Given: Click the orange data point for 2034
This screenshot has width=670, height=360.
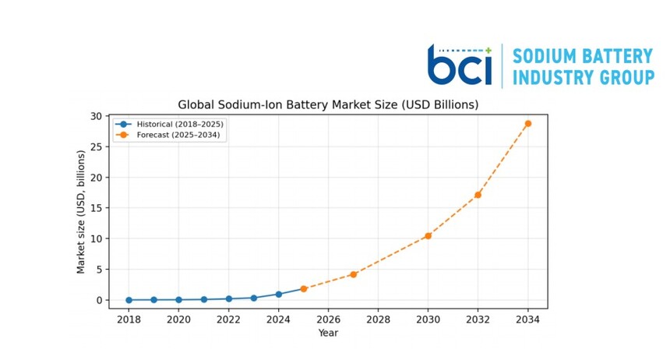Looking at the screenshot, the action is pyautogui.click(x=527, y=124).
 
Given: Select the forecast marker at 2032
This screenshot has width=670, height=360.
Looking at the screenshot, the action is pyautogui.click(x=478, y=195).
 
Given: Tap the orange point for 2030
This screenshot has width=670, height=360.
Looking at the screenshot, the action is pyautogui.click(x=428, y=236).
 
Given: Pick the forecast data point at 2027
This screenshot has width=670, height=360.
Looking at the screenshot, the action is pyautogui.click(x=354, y=274).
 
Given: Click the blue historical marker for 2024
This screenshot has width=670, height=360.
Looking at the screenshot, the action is pyautogui.click(x=279, y=295).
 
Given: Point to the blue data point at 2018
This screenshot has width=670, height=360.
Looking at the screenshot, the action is pyautogui.click(x=129, y=300).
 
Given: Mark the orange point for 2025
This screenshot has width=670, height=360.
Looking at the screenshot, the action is pyautogui.click(x=303, y=289).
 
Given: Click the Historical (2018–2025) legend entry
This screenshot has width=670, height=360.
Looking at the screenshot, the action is pyautogui.click(x=169, y=125).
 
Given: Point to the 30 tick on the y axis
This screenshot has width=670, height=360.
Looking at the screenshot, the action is pyautogui.click(x=96, y=116).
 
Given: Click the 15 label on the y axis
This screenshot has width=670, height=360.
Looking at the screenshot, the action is pyautogui.click(x=97, y=208).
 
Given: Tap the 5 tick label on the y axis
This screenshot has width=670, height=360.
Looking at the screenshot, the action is pyautogui.click(x=100, y=270).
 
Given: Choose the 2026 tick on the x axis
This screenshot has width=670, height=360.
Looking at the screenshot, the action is pyautogui.click(x=328, y=319).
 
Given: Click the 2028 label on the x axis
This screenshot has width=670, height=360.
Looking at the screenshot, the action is pyautogui.click(x=378, y=319).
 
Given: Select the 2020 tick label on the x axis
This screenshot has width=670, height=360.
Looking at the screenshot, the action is pyautogui.click(x=178, y=319).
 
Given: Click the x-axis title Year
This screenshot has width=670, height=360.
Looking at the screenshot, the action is pyautogui.click(x=328, y=333).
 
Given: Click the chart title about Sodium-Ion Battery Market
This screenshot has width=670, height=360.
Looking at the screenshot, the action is pyautogui.click(x=328, y=104).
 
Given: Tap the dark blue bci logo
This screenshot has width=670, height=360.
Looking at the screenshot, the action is pyautogui.click(x=460, y=65).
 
